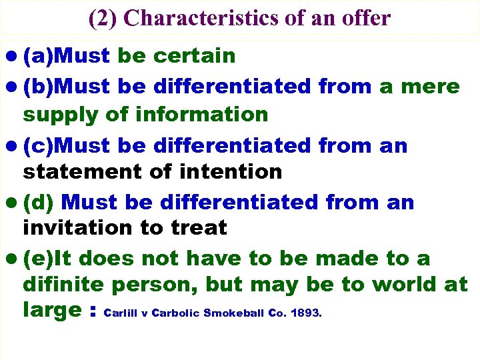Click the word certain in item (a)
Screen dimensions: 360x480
pos(194,56)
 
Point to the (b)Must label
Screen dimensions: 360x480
pos(67,87)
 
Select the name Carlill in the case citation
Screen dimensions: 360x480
pos(121,313)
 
